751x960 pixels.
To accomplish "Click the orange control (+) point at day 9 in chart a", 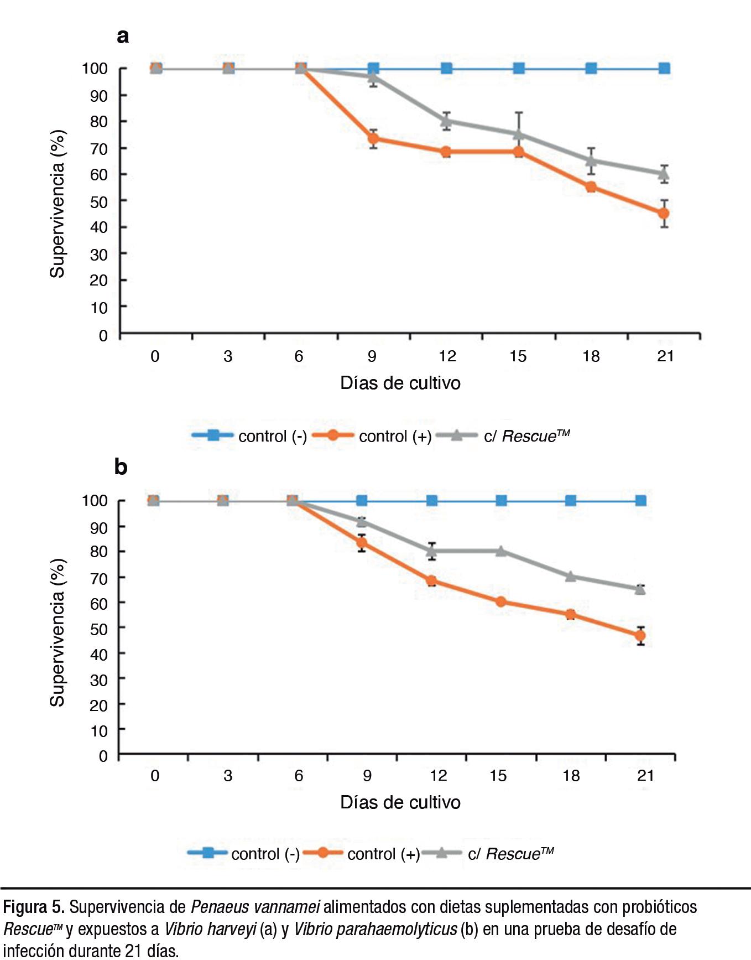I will coord(373,138).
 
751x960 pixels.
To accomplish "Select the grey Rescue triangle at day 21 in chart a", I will coord(664,174).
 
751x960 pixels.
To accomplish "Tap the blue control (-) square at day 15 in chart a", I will coord(519,69).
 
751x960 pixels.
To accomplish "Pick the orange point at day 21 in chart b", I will coord(640,636).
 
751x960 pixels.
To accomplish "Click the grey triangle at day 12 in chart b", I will coord(432,551).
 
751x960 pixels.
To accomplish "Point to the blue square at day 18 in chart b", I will coord(571,501).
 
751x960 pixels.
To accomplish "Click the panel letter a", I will coord(123,36).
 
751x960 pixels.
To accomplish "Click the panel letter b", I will coord(121,467).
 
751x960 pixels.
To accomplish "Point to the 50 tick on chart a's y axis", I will coord(99,201).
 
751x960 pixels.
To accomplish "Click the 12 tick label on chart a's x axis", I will coord(447,356).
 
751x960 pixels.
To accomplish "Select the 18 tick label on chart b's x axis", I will coord(571,775).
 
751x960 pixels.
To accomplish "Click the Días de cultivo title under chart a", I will coord(400,383).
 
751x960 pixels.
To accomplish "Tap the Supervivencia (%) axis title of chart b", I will coord(58,632).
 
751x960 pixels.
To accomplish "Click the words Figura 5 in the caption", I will coord(34,907).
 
